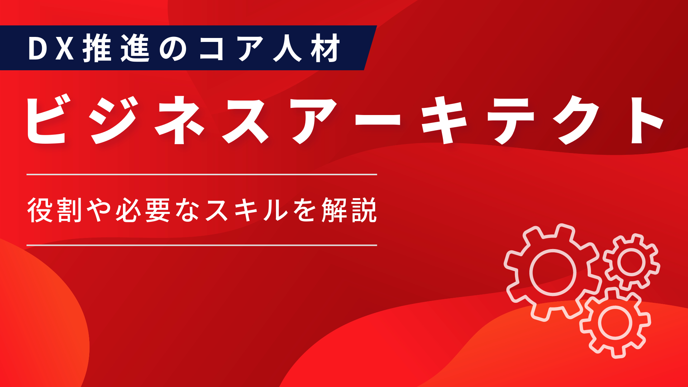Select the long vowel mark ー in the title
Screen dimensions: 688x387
pos(378,120)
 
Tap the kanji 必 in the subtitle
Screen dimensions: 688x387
pos(128,210)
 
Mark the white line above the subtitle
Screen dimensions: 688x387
pos(202,175)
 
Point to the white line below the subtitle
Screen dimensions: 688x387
pos(202,245)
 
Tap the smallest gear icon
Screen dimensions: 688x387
pos(631,262)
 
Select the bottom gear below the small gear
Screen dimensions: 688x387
pos(615,322)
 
